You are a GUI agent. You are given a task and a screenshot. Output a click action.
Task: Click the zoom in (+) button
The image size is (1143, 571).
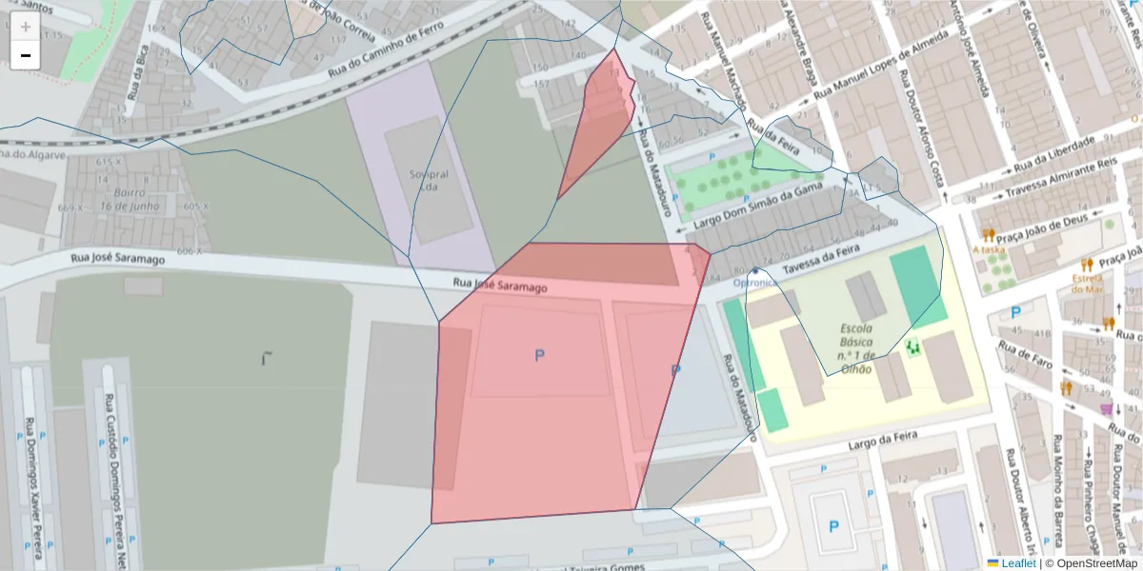[x=25, y=27]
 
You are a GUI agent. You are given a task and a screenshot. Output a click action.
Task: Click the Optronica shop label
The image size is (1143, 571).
[x=756, y=283]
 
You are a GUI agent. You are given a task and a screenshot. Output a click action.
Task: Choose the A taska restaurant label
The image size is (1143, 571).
[x=989, y=249]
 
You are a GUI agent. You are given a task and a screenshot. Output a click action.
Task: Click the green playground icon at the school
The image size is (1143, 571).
[x=913, y=348]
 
